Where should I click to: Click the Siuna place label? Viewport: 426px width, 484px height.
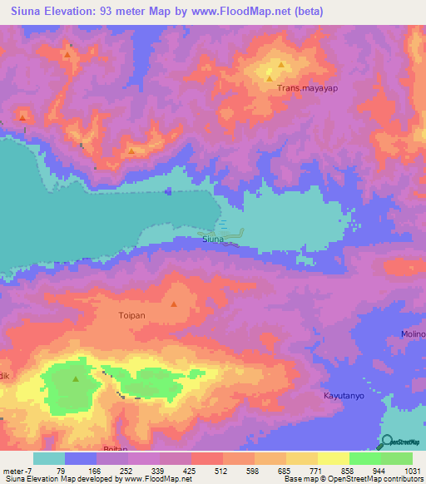point(213,240)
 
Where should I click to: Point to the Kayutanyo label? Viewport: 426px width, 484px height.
point(345,397)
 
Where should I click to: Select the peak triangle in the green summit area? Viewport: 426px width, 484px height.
point(76,379)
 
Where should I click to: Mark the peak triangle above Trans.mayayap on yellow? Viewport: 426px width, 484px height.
point(281,64)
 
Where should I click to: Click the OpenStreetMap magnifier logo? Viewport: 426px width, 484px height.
point(388,442)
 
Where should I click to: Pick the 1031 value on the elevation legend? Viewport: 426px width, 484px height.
point(413,470)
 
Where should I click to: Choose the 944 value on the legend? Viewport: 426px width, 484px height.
point(380,470)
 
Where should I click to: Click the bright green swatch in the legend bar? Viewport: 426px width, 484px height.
point(364,458)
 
